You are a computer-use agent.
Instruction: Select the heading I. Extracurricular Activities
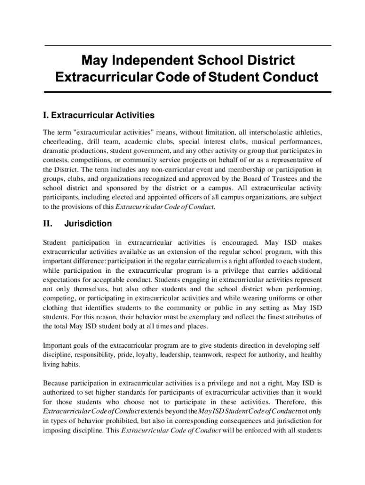[99, 115]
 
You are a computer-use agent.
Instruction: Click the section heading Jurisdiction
[88, 224]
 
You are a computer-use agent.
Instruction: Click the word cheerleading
[62, 141]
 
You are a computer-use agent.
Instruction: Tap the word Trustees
[281, 179]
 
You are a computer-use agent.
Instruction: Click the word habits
[71, 364]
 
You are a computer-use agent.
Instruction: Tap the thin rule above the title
[187, 45]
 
